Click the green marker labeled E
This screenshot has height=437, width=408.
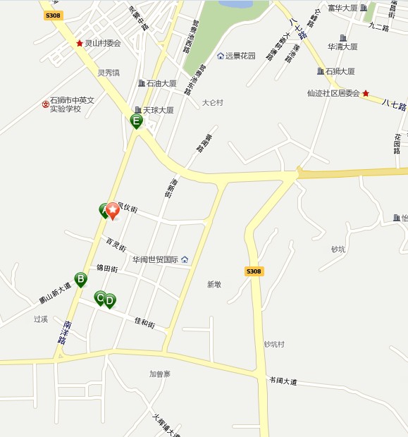[137, 121]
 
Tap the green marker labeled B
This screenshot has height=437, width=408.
[81, 279]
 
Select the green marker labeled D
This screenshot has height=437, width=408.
[110, 300]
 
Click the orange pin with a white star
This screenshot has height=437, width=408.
[113, 209]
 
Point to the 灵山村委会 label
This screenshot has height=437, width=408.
[103, 43]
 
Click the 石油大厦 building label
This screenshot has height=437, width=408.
[161, 83]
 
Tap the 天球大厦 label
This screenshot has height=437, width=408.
[158, 110]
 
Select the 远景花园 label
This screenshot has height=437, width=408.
[240, 56]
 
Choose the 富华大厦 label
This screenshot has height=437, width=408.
[343, 8]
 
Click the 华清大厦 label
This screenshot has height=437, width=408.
[343, 47]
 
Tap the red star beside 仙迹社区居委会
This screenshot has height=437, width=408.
[366, 93]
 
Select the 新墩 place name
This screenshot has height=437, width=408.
[214, 284]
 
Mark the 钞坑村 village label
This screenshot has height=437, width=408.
[273, 344]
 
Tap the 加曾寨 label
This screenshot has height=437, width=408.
[160, 374]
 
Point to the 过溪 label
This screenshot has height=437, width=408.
[40, 319]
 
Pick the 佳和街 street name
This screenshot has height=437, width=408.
[144, 322]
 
